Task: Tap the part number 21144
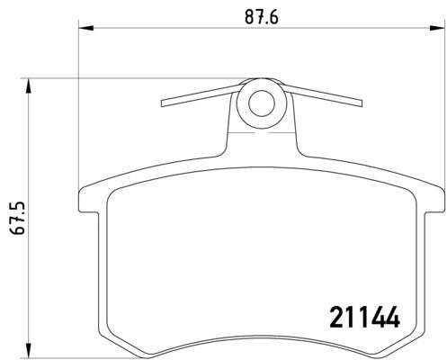click(x=359, y=318)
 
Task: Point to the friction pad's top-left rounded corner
click(x=115, y=193)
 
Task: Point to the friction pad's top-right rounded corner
click(x=407, y=193)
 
